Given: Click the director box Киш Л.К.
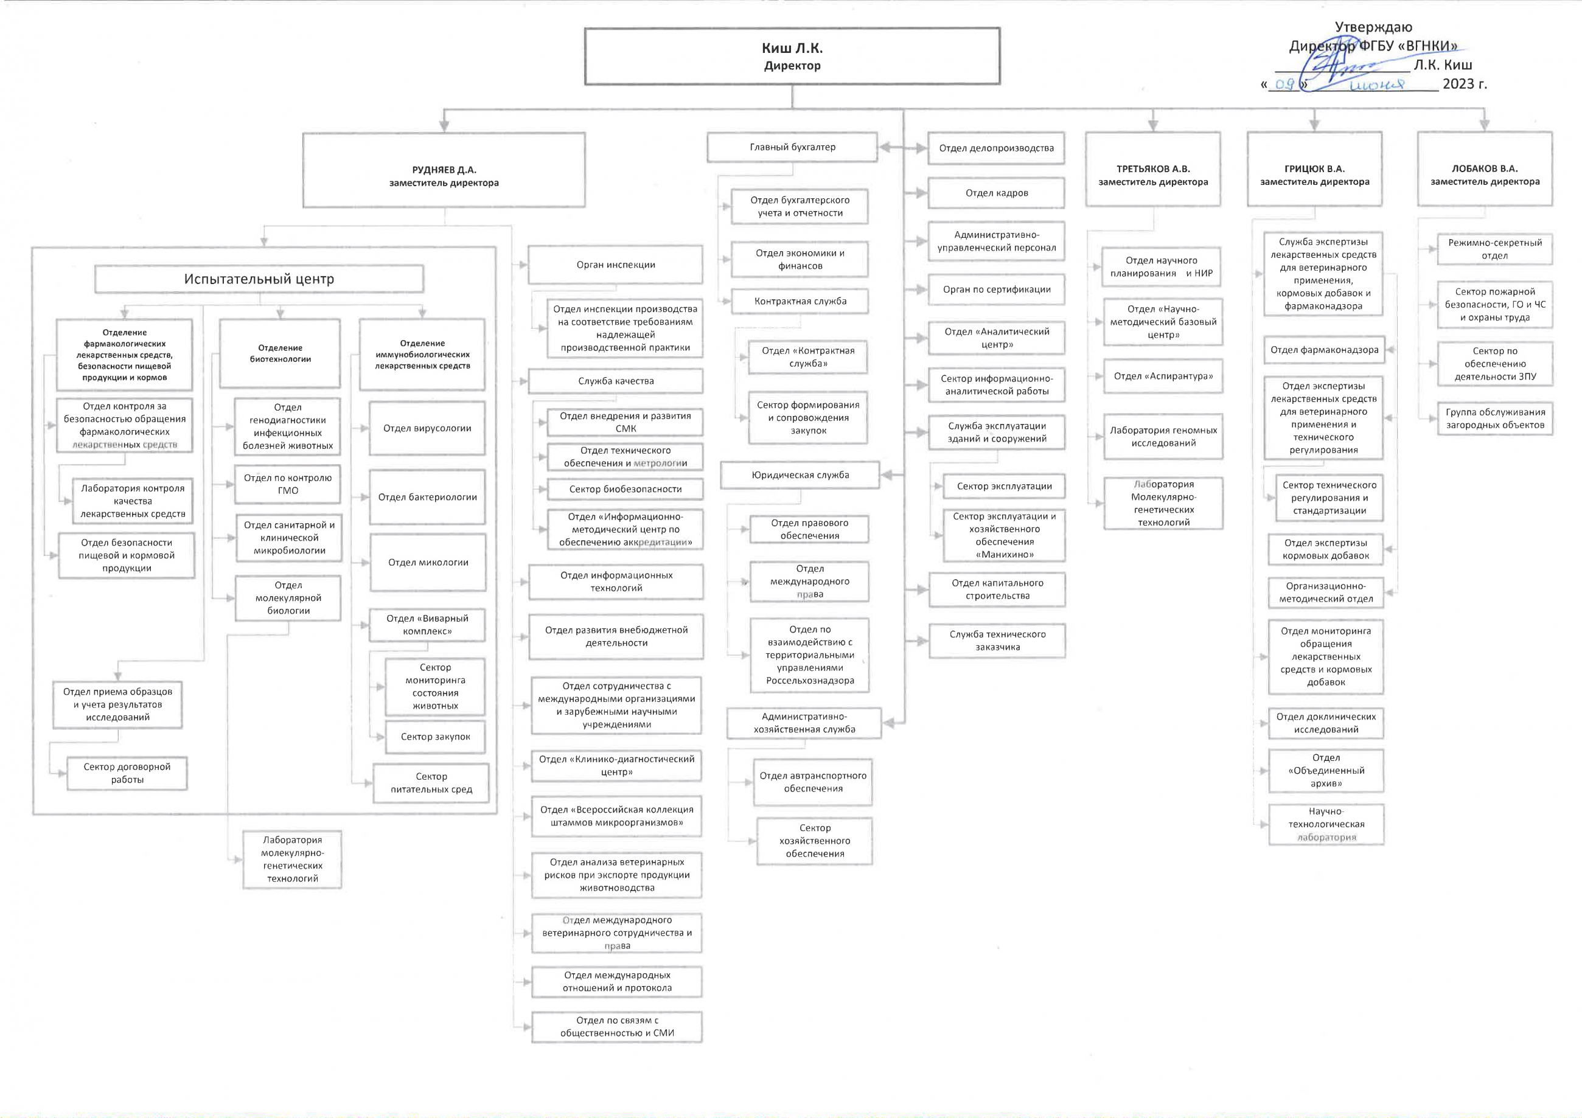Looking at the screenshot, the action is click(x=792, y=57).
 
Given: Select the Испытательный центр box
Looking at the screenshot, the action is click(x=259, y=279).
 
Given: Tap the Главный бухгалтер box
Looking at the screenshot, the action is click(x=792, y=147).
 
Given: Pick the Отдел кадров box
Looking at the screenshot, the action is click(x=996, y=193).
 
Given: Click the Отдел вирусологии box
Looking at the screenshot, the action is click(x=427, y=428).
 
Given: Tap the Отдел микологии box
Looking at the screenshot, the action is click(x=428, y=563).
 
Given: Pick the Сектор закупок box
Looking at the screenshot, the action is click(x=436, y=737).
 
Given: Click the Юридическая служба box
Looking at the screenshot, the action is click(x=800, y=475).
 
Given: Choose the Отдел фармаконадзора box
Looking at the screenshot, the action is click(x=1324, y=350).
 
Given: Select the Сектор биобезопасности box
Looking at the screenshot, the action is click(x=625, y=489).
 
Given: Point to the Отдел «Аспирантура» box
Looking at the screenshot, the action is click(x=1163, y=376).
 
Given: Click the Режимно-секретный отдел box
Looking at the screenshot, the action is click(x=1494, y=249).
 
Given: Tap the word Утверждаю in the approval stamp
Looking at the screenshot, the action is click(x=1373, y=27).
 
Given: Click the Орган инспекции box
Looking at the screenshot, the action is click(x=615, y=265).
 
